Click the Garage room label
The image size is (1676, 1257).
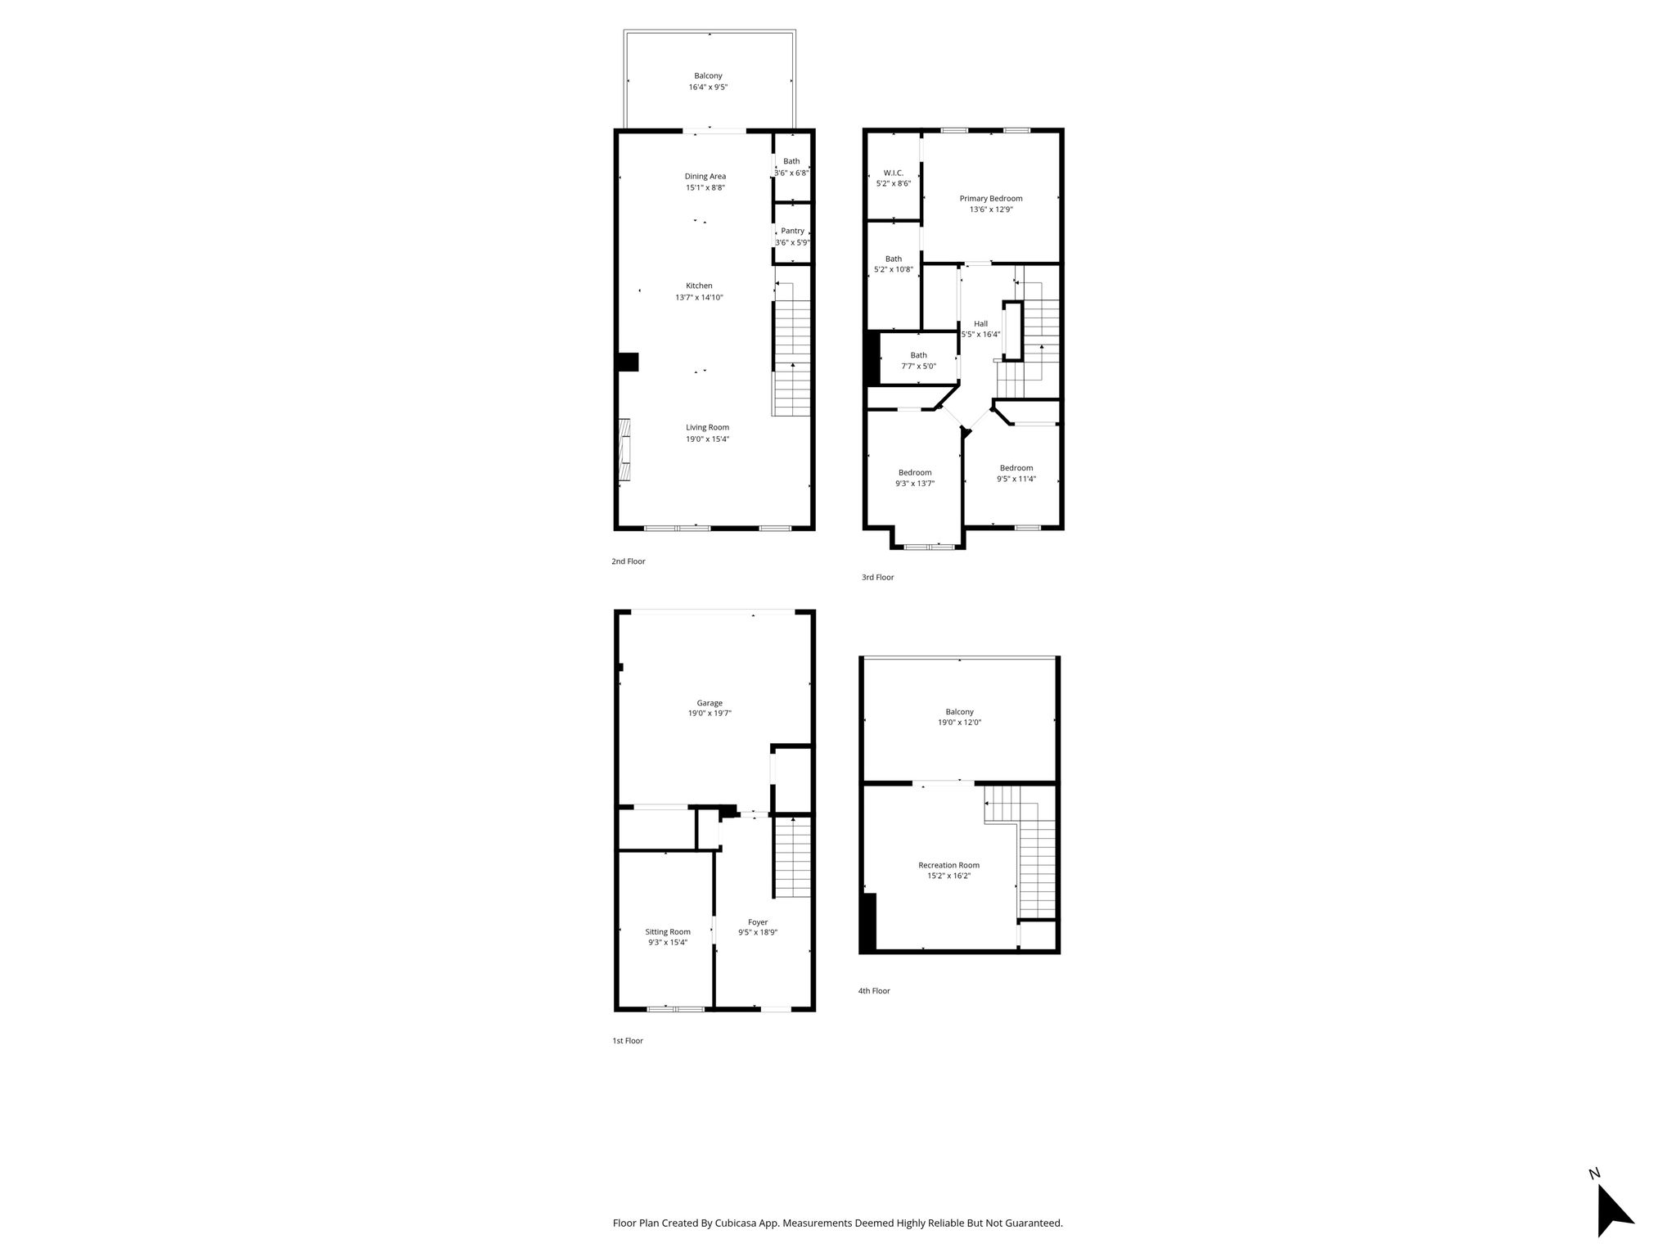point(710,703)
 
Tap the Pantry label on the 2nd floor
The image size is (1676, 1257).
point(792,231)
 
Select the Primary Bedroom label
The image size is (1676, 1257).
point(991,198)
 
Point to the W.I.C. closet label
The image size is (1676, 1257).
point(893,173)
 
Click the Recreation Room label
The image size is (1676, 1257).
point(948,865)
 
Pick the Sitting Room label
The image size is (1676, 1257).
point(668,931)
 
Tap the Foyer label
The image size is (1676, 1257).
point(758,922)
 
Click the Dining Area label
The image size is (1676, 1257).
point(705,176)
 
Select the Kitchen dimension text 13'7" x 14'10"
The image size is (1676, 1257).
point(699,297)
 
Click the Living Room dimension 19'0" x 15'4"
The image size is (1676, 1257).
point(707,439)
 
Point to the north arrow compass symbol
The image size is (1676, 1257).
point(1614,1214)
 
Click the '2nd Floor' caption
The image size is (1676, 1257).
point(628,561)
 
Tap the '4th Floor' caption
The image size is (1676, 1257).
point(874,990)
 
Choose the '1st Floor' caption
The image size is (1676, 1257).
point(628,1041)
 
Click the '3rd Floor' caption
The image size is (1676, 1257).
point(877,577)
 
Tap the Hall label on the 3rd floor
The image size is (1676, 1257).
point(980,323)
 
